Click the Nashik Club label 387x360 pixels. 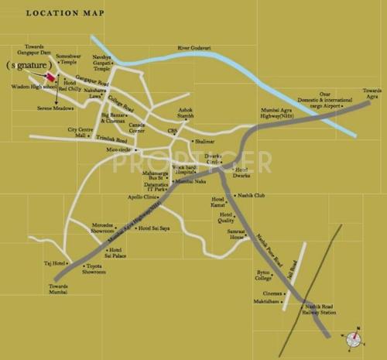[250, 197]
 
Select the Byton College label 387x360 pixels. [264, 276]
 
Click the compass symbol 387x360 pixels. [353, 337]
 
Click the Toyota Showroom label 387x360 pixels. [94, 270]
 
